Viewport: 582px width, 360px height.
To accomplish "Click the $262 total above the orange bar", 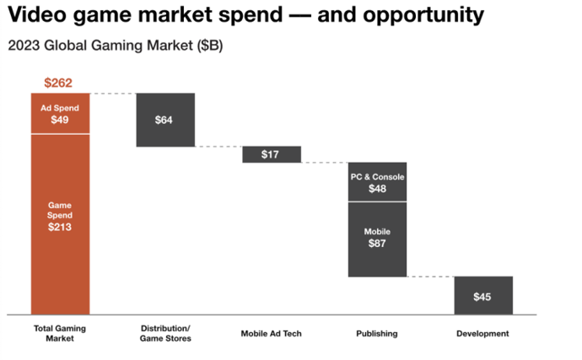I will [x=60, y=83].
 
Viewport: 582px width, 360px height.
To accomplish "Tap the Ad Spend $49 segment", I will [x=60, y=114].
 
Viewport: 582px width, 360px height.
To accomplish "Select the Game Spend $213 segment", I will [x=60, y=222].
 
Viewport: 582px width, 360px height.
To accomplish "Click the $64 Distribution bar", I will [x=165, y=120].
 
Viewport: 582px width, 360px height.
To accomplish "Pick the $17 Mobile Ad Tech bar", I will [x=271, y=154].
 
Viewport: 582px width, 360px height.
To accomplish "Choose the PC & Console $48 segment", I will [x=377, y=182].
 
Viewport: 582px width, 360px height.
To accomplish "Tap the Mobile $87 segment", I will [x=377, y=239].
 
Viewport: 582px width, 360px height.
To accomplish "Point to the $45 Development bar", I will [x=482, y=296].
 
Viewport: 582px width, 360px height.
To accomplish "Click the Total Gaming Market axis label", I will [x=60, y=333].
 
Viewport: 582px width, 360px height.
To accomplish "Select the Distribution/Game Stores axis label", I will [x=165, y=333].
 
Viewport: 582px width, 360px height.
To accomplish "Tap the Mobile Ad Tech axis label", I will [x=271, y=334].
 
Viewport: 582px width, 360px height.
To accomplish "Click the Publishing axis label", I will [x=377, y=334].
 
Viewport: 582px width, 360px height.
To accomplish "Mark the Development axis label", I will [x=482, y=334].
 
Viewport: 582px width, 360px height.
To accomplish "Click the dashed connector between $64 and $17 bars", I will [x=218, y=147].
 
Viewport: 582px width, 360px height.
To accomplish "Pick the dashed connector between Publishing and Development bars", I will [x=429, y=277].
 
